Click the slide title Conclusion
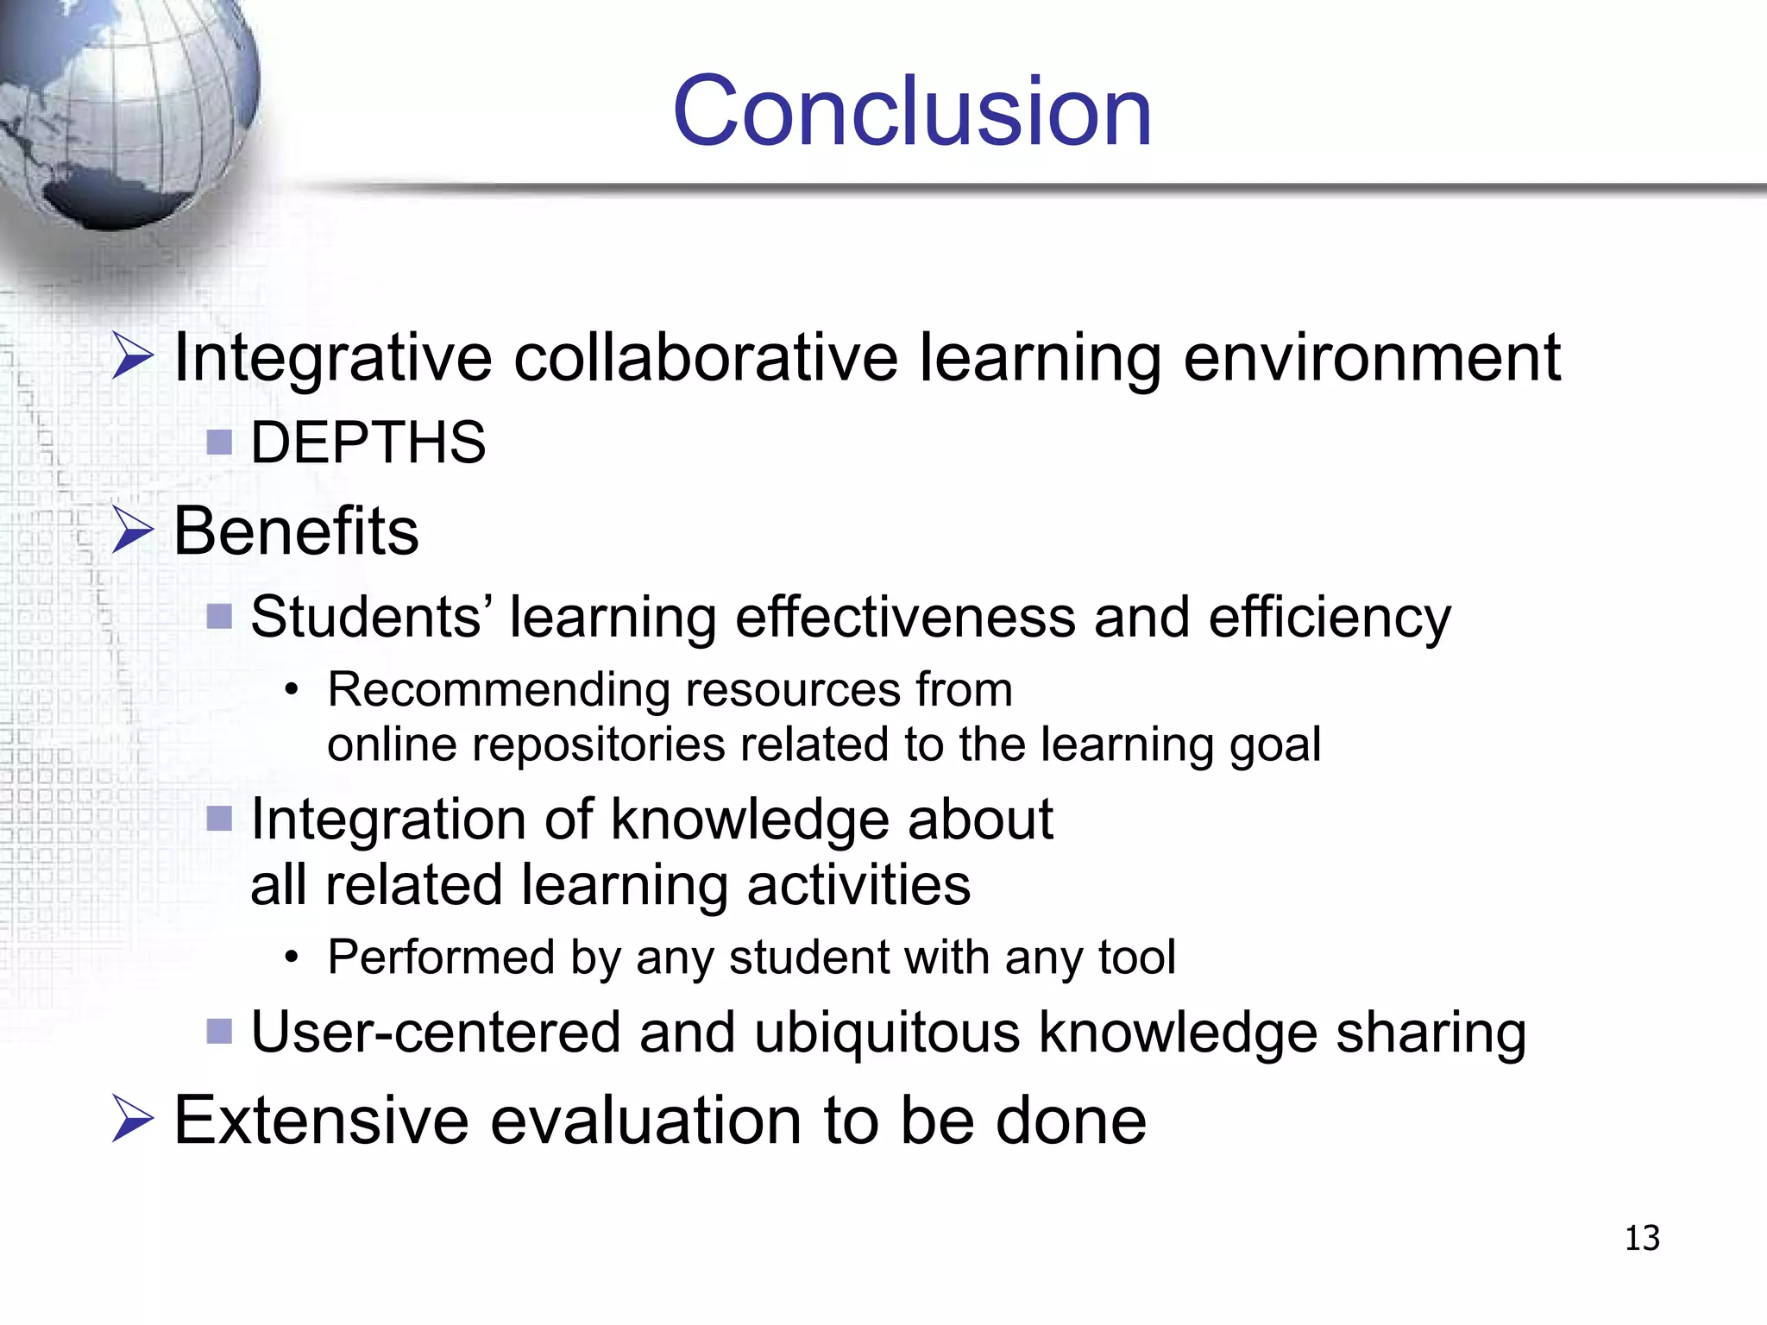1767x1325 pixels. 912,111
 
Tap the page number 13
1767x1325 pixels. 1642,1238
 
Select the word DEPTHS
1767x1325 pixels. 368,443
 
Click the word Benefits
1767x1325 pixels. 296,531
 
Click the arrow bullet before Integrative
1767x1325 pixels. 133,357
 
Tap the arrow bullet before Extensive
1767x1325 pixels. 133,1120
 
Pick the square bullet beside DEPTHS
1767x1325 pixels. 220,443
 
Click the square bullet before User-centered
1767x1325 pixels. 220,1031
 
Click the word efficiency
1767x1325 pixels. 1330,618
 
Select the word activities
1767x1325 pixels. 858,885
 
